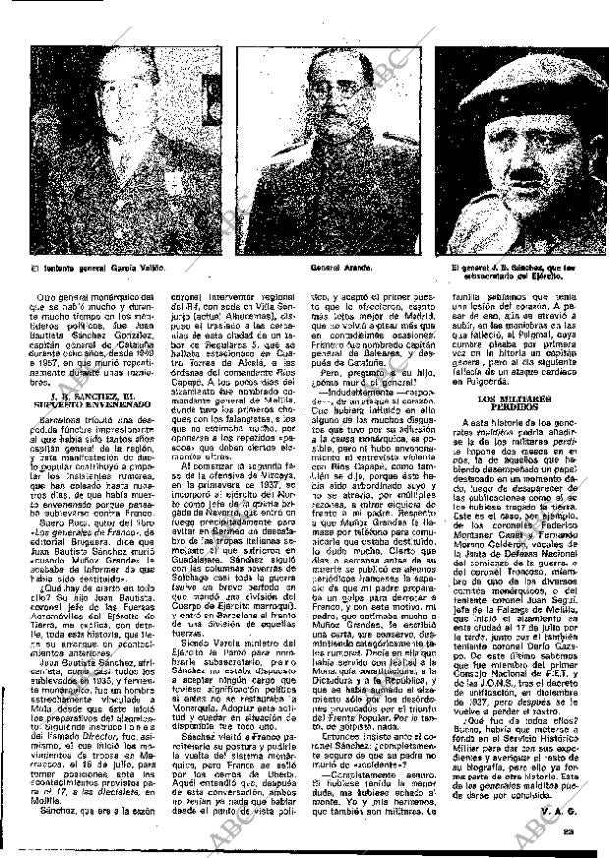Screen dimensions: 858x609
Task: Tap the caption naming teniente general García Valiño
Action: (98, 266)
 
